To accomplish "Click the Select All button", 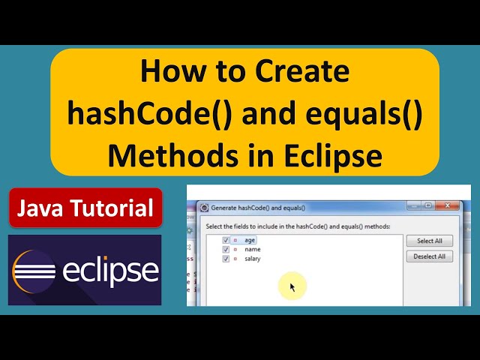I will (429, 241).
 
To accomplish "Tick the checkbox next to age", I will (226, 240).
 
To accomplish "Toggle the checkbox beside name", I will (226, 249).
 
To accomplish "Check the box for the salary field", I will (226, 259).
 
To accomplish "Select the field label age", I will (250, 240).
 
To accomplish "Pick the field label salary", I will (252, 259).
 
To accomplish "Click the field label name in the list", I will (251, 249).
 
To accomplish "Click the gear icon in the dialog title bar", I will (204, 208).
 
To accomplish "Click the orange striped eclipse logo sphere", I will (34, 271).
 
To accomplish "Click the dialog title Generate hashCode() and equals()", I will (259, 208).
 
